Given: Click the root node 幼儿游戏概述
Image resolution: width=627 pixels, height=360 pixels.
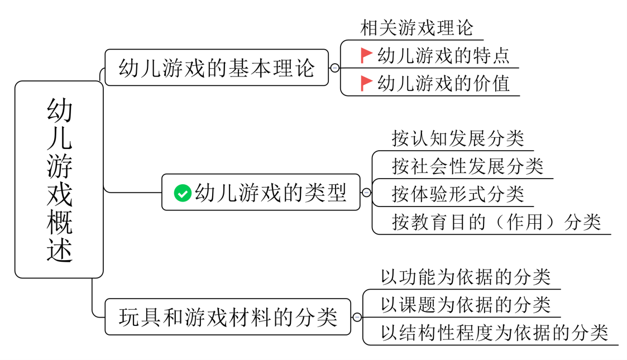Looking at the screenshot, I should [x=59, y=180].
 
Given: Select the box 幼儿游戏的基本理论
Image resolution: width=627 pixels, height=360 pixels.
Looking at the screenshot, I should [x=217, y=68].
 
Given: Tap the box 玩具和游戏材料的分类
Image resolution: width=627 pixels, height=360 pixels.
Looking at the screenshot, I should [x=228, y=317].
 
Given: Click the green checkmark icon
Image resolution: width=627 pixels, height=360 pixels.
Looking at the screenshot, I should [x=182, y=193].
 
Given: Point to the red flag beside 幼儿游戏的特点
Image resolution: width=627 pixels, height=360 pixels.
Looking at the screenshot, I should [x=366, y=55].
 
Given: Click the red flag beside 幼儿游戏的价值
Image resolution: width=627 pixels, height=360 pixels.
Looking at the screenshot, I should [x=366, y=83].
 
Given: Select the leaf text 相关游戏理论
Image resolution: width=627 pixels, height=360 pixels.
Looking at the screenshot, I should [x=417, y=27].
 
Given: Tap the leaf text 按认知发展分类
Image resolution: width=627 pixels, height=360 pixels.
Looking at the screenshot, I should [x=458, y=138].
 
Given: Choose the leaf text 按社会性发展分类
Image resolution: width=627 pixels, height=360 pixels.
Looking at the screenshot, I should [x=467, y=166].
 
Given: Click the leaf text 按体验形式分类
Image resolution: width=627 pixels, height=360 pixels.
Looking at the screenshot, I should [x=458, y=194].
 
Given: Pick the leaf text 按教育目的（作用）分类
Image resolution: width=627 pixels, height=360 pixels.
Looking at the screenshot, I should [x=496, y=222].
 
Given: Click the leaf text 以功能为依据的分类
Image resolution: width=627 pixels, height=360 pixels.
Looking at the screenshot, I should [x=466, y=276].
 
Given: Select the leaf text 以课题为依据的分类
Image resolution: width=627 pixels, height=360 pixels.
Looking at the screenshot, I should [x=466, y=304].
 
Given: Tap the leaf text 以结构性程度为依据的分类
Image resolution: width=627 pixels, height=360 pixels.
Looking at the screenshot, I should [x=494, y=332].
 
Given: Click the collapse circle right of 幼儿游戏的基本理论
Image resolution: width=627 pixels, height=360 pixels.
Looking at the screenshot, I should [x=334, y=68].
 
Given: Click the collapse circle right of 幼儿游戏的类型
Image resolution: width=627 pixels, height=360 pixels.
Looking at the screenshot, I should [x=366, y=193].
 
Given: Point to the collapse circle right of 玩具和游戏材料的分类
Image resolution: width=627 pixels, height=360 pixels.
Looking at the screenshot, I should [x=357, y=317].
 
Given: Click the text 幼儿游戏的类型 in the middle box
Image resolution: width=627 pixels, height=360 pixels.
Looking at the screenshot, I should [x=271, y=193].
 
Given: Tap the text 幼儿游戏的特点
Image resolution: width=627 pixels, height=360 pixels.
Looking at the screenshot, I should [x=443, y=55].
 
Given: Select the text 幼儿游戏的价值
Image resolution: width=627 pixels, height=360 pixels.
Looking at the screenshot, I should [x=443, y=83].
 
